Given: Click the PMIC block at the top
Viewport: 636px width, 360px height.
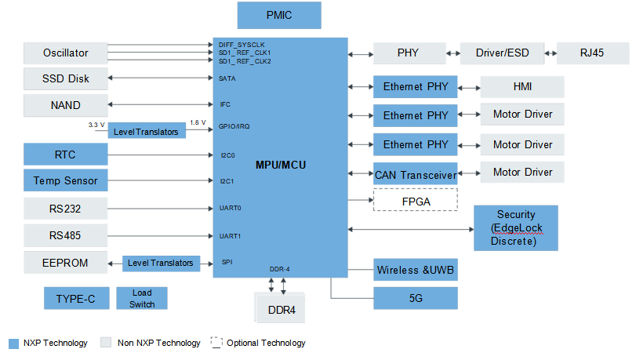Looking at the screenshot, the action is tap(279, 16).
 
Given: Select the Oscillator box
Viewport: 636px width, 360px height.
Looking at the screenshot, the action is tap(66, 53).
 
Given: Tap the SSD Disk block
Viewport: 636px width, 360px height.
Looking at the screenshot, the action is tap(66, 78).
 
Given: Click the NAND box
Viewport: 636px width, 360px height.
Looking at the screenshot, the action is tap(66, 106).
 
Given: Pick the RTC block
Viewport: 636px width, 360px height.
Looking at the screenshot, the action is tap(66, 155).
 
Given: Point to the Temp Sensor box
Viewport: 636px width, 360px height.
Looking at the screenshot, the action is tap(66, 180).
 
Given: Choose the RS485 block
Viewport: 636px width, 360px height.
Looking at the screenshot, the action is tap(66, 235).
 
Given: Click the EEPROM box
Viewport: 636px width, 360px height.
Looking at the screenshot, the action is tap(66, 263).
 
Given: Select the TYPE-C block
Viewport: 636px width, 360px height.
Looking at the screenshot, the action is tap(77, 298).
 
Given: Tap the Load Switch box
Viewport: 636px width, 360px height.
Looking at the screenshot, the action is tap(142, 298).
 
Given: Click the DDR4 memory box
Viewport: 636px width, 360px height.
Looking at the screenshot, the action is tap(281, 308).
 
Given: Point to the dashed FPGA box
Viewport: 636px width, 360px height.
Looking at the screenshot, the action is tap(416, 200).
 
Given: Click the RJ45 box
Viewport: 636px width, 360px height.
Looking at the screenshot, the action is tap(593, 53).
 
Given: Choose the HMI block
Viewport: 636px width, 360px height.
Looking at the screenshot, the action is tap(522, 87).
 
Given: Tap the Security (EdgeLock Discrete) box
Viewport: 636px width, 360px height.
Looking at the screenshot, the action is tap(516, 227).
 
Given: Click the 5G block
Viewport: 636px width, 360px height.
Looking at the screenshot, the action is tap(416, 298).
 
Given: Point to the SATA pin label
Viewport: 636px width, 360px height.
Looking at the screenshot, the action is tap(227, 78).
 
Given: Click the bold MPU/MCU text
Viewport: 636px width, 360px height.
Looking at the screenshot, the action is tap(281, 165).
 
